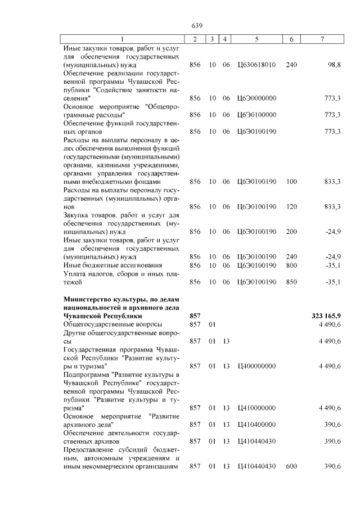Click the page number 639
196,26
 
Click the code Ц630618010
256,65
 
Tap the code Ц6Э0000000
256,98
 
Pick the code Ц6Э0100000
256,115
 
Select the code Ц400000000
256,366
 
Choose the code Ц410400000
256,425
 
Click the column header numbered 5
256,39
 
